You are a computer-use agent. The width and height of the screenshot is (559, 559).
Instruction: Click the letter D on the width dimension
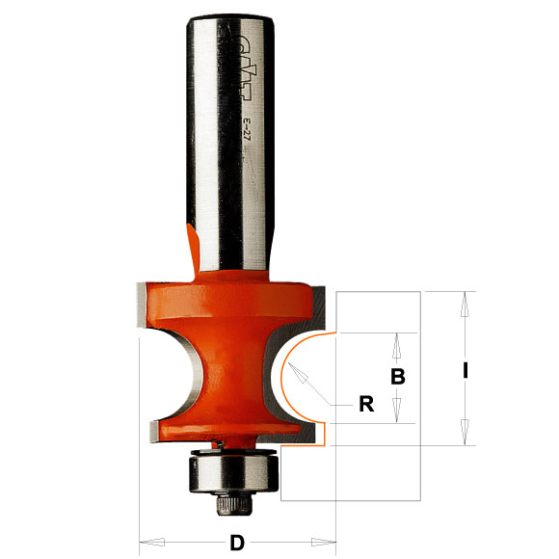point(237,543)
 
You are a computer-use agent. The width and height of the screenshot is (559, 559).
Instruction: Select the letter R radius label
point(366,405)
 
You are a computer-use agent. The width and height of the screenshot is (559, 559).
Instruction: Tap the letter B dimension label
point(397,378)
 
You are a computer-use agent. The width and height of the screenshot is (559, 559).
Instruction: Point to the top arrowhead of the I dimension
point(466,300)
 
